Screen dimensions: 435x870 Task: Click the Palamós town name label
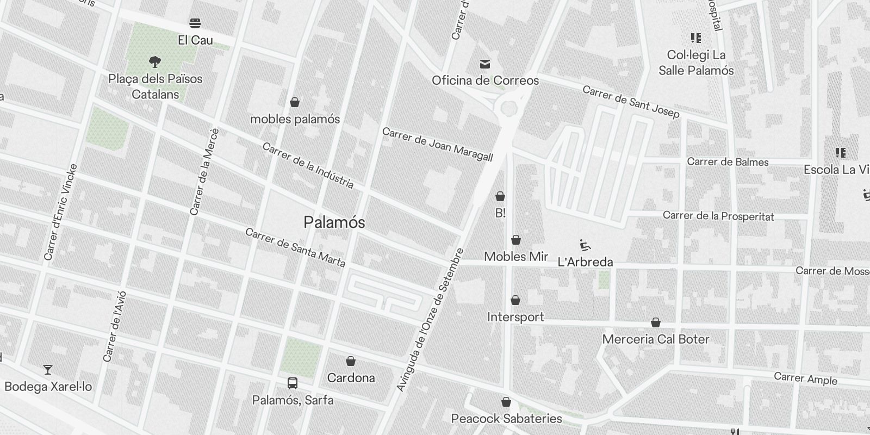334,222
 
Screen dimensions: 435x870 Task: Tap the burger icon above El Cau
195,23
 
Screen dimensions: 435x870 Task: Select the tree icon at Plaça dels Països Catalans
155,61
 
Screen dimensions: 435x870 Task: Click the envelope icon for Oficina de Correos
485,64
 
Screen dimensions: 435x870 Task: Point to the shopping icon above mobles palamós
295,102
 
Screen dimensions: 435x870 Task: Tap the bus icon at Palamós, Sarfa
293,383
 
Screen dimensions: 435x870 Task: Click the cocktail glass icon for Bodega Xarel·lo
48,370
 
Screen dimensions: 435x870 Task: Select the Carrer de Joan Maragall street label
437,145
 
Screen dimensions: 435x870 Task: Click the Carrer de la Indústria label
308,165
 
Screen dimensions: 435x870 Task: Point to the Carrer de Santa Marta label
295,247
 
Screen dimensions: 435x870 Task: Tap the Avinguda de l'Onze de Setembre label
430,320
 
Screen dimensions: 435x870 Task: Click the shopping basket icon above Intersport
515,300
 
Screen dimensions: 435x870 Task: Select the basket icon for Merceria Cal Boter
656,322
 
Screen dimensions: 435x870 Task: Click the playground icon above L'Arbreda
585,245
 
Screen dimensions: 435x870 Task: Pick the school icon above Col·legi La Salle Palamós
695,38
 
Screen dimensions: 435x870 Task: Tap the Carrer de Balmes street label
728,162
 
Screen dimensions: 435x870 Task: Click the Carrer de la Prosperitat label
718,216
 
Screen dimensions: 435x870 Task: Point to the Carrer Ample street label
805,378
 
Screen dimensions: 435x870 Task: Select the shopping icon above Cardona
351,361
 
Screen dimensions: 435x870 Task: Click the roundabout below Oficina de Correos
509,108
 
